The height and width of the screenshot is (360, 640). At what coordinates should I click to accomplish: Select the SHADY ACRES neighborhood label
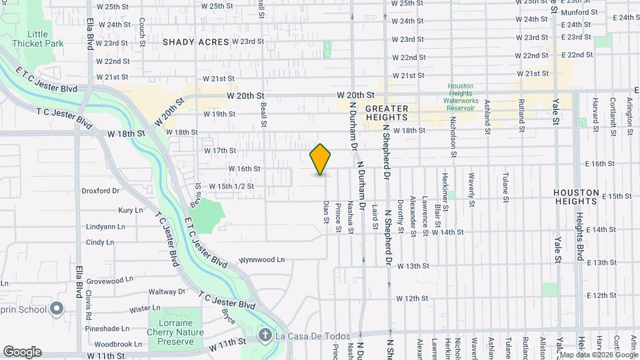click(x=195, y=42)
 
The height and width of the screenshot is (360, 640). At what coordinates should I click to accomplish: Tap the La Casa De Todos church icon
click(x=264, y=334)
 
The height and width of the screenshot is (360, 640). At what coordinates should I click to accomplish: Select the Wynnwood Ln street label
click(x=262, y=259)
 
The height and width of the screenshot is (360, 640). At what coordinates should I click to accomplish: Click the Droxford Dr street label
click(x=100, y=191)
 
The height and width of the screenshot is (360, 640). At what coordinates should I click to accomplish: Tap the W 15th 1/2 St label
click(x=231, y=186)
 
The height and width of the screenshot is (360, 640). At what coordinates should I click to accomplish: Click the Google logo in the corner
click(x=22, y=351)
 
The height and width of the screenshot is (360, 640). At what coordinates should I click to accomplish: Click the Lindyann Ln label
click(x=105, y=227)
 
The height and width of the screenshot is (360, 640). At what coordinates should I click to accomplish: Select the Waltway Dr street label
click(x=166, y=291)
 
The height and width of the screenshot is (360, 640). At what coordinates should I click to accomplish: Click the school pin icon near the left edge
click(x=57, y=309)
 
